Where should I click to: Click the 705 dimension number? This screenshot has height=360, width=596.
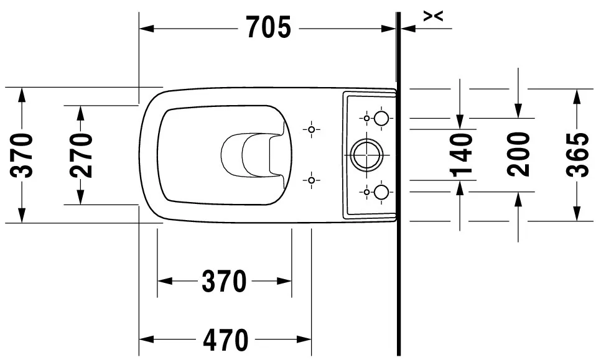(269, 27)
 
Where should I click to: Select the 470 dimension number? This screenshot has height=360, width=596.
(226, 340)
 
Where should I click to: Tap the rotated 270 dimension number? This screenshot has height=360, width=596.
(81, 155)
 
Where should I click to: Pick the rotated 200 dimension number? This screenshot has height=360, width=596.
(518, 154)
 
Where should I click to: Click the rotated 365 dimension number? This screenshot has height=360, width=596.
(577, 155)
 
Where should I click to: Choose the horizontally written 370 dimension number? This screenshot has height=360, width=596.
(224, 282)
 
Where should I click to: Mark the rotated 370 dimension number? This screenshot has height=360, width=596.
(22, 155)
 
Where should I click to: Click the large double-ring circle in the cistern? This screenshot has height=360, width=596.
(366, 155)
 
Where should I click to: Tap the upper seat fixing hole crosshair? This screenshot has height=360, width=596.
(311, 129)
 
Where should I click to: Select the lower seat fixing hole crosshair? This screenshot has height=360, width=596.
(311, 180)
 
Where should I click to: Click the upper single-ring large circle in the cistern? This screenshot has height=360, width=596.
(381, 119)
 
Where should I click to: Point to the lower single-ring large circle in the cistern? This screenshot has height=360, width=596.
(381, 192)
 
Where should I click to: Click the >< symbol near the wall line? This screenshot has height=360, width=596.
(434, 16)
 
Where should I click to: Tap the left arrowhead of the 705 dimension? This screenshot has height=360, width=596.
(146, 28)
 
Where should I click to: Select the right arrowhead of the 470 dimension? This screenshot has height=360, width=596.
(304, 339)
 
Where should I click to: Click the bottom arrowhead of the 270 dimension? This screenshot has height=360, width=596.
(80, 197)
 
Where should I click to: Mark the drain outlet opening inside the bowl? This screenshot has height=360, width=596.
(253, 155)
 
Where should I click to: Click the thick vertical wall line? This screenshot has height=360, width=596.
(398, 184)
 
